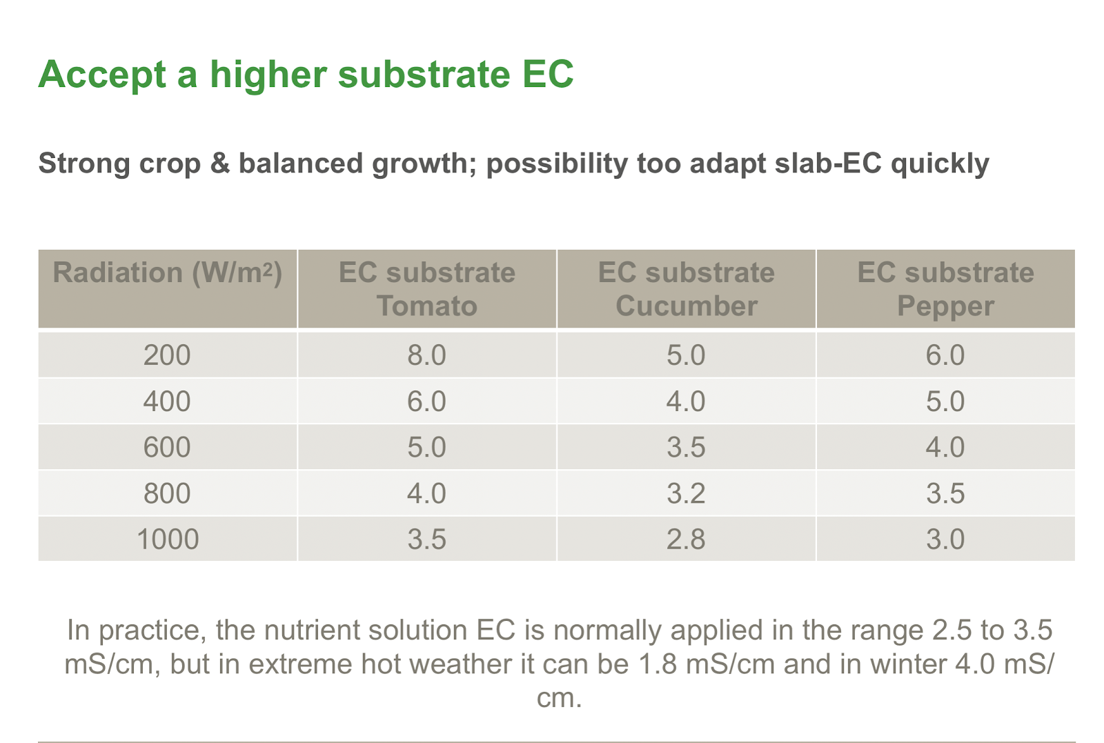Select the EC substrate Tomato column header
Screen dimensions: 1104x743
(x=427, y=289)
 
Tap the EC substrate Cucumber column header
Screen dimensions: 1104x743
(x=686, y=289)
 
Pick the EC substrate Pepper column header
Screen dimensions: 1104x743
(x=945, y=289)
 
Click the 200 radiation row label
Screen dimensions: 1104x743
(x=167, y=355)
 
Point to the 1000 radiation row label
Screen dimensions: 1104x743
(x=168, y=539)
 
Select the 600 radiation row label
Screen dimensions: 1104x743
(x=167, y=447)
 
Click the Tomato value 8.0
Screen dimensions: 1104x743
(x=427, y=355)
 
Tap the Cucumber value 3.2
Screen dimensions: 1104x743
(x=686, y=493)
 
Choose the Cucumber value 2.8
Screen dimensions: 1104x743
(x=686, y=539)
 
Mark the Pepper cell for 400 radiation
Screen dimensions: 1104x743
(x=945, y=401)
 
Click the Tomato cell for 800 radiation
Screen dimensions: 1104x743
(x=427, y=493)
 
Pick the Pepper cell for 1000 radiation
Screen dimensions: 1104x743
(x=945, y=539)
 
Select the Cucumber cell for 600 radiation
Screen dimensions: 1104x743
(x=686, y=447)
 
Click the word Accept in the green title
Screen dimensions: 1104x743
(x=103, y=75)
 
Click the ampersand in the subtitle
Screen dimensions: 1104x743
(x=220, y=163)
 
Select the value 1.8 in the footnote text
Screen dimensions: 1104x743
(x=657, y=664)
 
